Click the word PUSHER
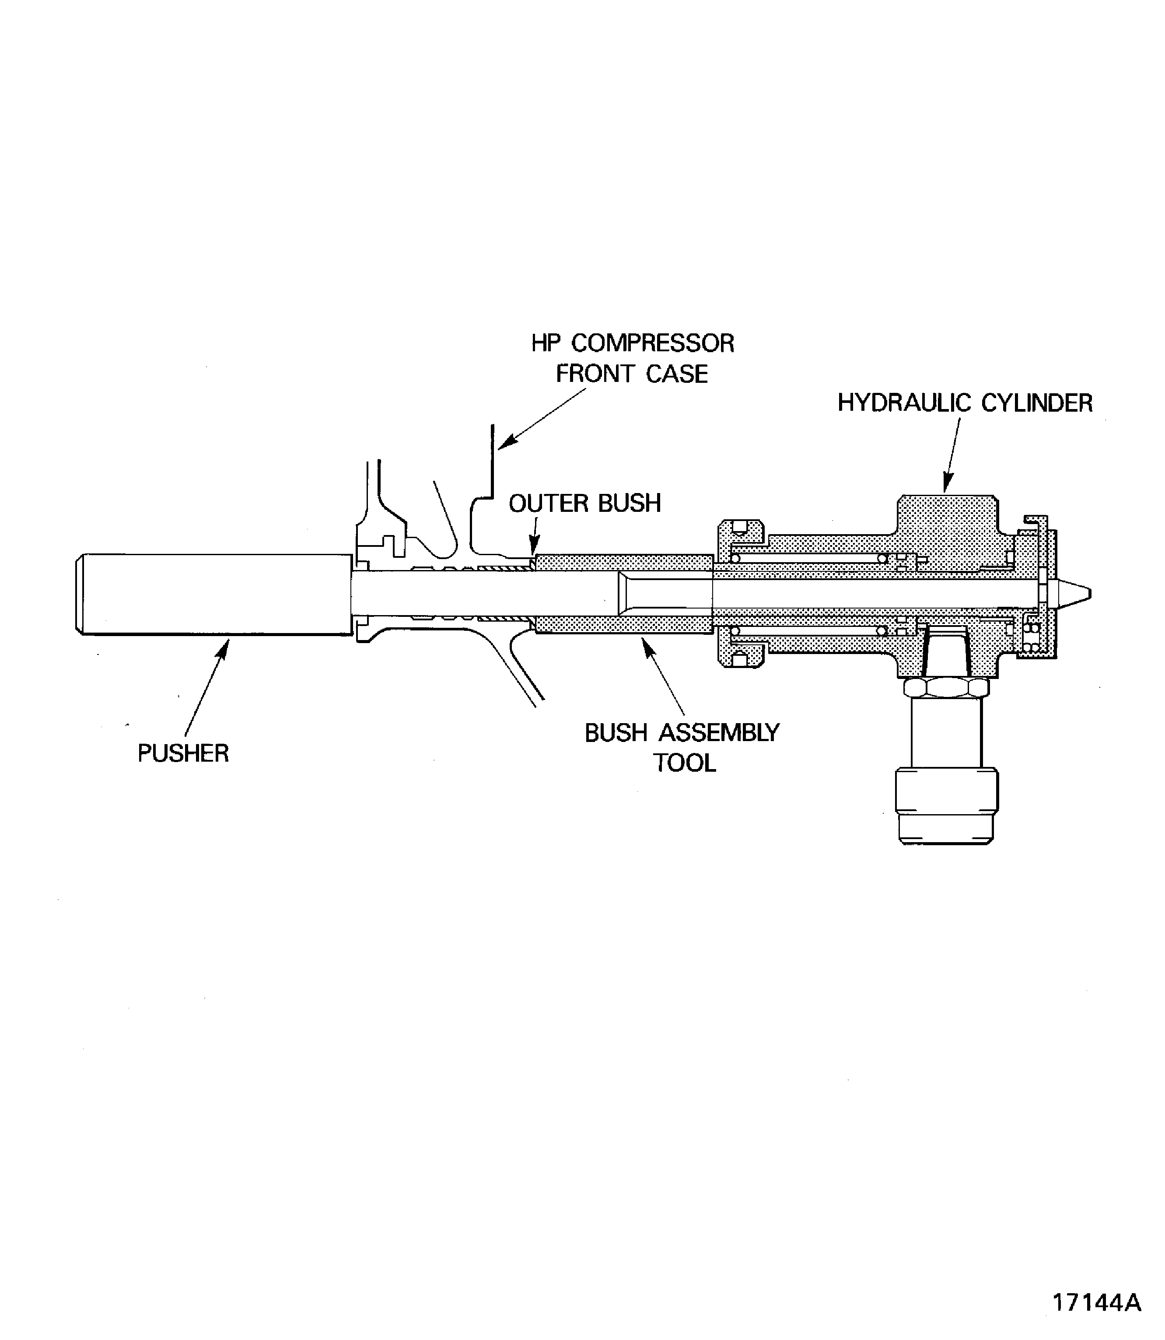pyautogui.click(x=183, y=753)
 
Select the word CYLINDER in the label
pyautogui.click(x=1036, y=403)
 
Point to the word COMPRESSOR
pyautogui.click(x=652, y=343)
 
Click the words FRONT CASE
pyautogui.click(x=631, y=374)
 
